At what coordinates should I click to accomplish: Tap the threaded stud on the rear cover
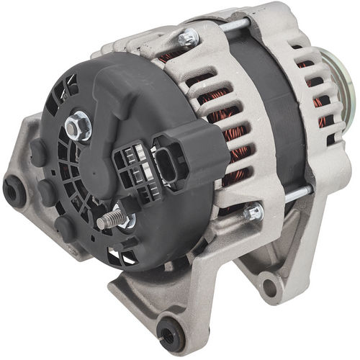pyautogui.click(x=108, y=218)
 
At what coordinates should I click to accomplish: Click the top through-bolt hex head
pyautogui.click(x=189, y=38)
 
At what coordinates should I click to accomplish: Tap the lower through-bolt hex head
pyautogui.click(x=253, y=212)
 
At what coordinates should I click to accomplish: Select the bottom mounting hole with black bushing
pyautogui.click(x=171, y=333)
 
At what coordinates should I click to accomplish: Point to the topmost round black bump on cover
pyautogui.click(x=38, y=153)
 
